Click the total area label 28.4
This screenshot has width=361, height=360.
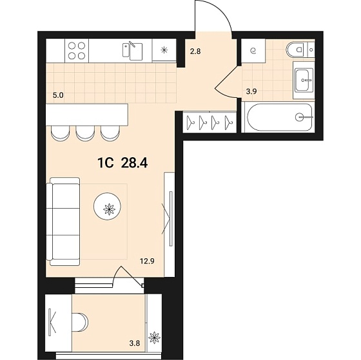pos(134,163)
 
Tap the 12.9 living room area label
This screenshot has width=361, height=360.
pos(147,261)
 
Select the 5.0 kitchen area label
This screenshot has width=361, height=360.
pos(58,95)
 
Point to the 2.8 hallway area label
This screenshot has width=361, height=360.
pos(195,51)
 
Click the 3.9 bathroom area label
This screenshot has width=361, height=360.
pos(251,91)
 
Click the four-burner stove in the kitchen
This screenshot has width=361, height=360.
pos(77,51)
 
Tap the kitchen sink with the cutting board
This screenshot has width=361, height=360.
pos(133,51)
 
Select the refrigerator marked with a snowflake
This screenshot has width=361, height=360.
pos(164,50)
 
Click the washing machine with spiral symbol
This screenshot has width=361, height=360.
pos(253,51)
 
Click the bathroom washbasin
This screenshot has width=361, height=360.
pos(304,80)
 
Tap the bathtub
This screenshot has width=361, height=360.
pos(280,117)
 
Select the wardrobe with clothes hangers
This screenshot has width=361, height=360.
pos(210,122)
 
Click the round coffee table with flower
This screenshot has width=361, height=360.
pos(107,206)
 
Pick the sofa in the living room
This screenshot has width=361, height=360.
pos(63,222)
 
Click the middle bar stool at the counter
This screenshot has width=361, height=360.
pos(85,133)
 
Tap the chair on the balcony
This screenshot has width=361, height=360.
pos(80,322)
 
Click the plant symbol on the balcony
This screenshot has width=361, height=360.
pos(154,337)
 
